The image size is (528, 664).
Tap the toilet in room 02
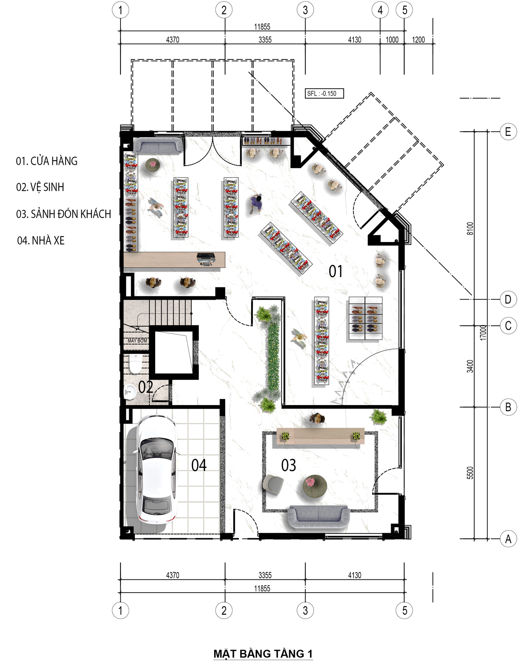(135, 364)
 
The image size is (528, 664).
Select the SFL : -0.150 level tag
(324, 93)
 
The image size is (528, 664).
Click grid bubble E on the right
(508, 132)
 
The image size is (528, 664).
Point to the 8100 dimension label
(470, 228)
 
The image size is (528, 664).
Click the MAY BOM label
(137, 341)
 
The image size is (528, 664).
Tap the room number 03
(288, 465)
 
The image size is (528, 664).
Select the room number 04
(199, 465)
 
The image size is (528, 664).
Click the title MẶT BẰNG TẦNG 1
(263, 654)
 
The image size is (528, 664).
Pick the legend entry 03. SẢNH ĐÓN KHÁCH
(64, 214)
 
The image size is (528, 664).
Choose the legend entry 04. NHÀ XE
(41, 240)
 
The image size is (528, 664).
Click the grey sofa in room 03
(318, 517)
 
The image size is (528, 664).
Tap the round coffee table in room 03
(315, 486)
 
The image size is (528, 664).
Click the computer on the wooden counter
(205, 258)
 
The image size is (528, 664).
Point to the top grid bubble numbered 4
(380, 10)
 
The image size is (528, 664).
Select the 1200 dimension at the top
(418, 40)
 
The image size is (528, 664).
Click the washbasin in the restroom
(130, 392)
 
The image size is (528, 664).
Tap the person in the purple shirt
(256, 203)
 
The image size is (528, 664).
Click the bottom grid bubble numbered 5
(404, 610)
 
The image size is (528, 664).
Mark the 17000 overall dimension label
(483, 332)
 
